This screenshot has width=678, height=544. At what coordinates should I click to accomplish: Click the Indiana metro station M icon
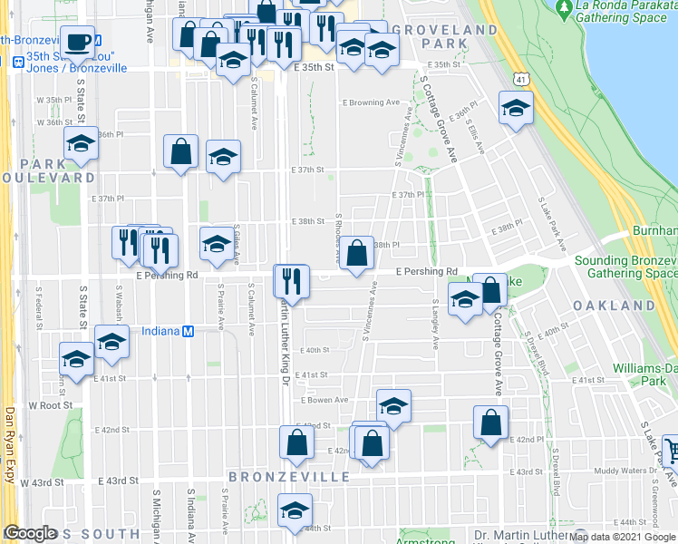click(x=188, y=331)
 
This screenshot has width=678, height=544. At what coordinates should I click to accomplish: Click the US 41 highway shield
click(x=518, y=80)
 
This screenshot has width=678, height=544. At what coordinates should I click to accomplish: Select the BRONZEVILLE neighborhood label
click(x=276, y=476)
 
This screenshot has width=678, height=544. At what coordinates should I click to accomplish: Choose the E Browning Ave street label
click(x=371, y=102)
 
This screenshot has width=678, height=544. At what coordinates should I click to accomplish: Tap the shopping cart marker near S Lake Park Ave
click(x=671, y=451)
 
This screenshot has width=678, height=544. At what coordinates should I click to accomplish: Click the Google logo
click(x=31, y=534)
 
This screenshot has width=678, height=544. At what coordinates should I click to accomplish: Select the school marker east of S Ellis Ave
click(x=516, y=108)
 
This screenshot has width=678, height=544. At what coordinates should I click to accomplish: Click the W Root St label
click(x=45, y=405)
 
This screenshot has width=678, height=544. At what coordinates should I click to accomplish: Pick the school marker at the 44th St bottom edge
click(x=294, y=510)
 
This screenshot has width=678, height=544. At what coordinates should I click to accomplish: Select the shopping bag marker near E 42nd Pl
click(x=490, y=423)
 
